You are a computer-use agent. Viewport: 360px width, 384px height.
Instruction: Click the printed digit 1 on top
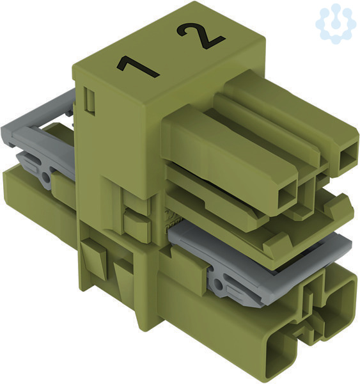137,67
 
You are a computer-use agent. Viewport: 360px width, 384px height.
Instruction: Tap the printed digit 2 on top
200,35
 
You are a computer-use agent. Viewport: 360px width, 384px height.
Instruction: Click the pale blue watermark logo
336,23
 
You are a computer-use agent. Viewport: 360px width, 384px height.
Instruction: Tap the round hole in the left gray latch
45,177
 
